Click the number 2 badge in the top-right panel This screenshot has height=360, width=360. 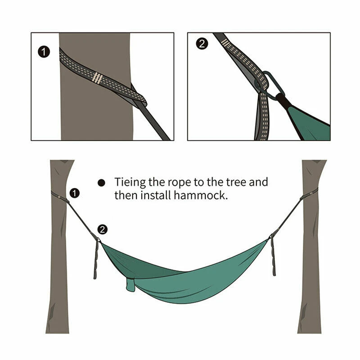(203, 44)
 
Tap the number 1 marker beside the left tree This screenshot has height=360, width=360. (75, 193)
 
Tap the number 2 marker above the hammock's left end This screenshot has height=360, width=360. (103, 229)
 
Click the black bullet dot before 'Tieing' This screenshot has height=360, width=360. (101, 183)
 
